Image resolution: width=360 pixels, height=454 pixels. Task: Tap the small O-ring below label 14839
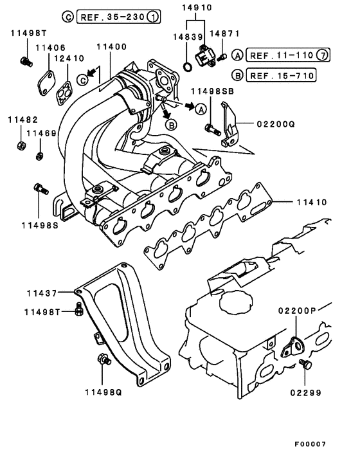[186, 67]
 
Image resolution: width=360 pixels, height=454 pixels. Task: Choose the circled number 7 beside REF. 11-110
[322, 55]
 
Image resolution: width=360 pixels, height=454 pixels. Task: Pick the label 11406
[50, 48]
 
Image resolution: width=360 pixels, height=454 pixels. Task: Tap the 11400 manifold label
[111, 48]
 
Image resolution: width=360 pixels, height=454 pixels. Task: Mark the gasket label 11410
[312, 202]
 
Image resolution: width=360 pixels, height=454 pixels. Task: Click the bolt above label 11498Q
[101, 360]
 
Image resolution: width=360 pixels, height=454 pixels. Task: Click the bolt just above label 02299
[305, 365]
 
